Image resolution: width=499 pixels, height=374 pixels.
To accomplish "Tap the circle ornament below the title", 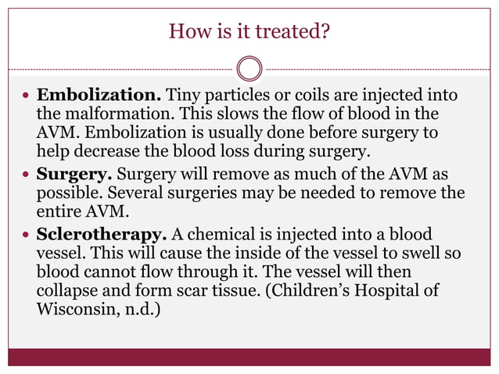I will click(x=249, y=68).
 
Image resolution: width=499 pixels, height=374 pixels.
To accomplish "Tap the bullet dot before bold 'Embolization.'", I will click(x=27, y=97).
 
